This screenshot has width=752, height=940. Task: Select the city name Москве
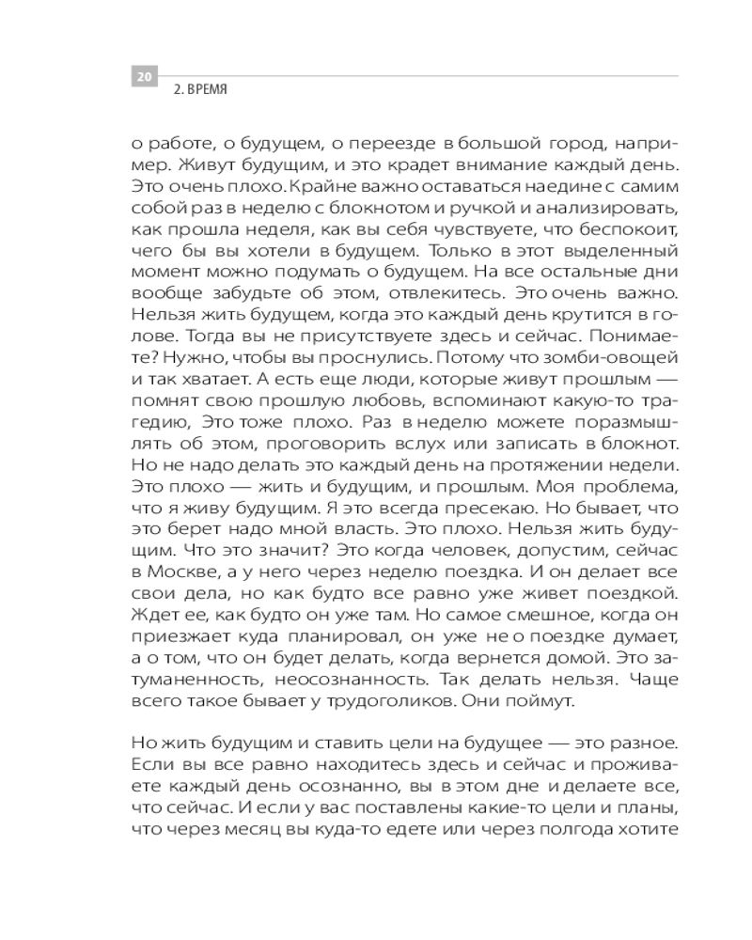click(x=184, y=572)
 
